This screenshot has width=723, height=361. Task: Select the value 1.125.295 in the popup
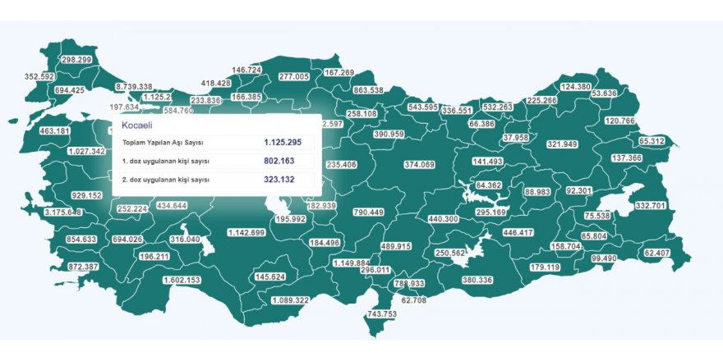(283, 143)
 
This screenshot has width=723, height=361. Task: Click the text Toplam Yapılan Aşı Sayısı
(163, 143)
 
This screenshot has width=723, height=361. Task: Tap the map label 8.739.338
(134, 86)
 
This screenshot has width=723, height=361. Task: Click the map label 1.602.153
(182, 281)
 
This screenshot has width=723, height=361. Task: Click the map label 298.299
(76, 60)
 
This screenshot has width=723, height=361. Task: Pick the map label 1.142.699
(246, 233)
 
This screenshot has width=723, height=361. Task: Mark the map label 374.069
(419, 165)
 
